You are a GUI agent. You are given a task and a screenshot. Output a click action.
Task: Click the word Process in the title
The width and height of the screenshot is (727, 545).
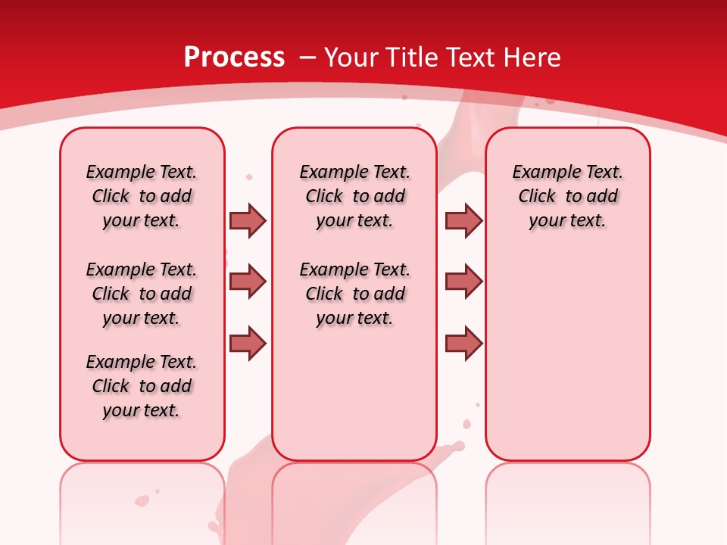tap(234, 58)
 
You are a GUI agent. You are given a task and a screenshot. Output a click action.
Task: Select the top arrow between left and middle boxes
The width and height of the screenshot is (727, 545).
tap(248, 220)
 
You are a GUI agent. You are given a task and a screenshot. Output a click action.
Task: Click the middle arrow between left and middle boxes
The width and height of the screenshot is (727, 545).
tap(248, 282)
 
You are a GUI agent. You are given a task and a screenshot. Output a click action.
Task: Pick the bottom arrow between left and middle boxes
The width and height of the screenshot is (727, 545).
tap(248, 343)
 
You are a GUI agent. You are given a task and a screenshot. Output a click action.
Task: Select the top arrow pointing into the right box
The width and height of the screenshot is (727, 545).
tap(463, 220)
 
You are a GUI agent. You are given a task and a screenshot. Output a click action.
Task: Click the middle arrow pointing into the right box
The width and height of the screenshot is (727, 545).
tap(463, 282)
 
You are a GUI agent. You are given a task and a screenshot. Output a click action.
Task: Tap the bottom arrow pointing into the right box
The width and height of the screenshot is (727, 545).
tap(463, 343)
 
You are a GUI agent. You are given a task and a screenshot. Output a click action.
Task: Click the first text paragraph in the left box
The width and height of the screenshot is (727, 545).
tap(142, 196)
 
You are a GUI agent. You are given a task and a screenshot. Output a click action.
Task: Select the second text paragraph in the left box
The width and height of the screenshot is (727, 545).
tap(142, 294)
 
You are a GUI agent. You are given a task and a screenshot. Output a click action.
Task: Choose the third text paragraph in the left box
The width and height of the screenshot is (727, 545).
tap(142, 386)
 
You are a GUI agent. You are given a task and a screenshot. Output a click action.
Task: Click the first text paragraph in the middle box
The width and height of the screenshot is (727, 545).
tap(354, 196)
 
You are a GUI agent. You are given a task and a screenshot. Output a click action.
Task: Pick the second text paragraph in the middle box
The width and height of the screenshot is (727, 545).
tap(354, 294)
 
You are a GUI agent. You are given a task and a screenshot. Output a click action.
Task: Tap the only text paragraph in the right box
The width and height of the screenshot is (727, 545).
tap(567, 196)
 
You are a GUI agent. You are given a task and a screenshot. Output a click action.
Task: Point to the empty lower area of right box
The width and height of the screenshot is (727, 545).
tap(567, 356)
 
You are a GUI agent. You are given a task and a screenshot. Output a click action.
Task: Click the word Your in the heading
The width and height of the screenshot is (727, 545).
tap(352, 58)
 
